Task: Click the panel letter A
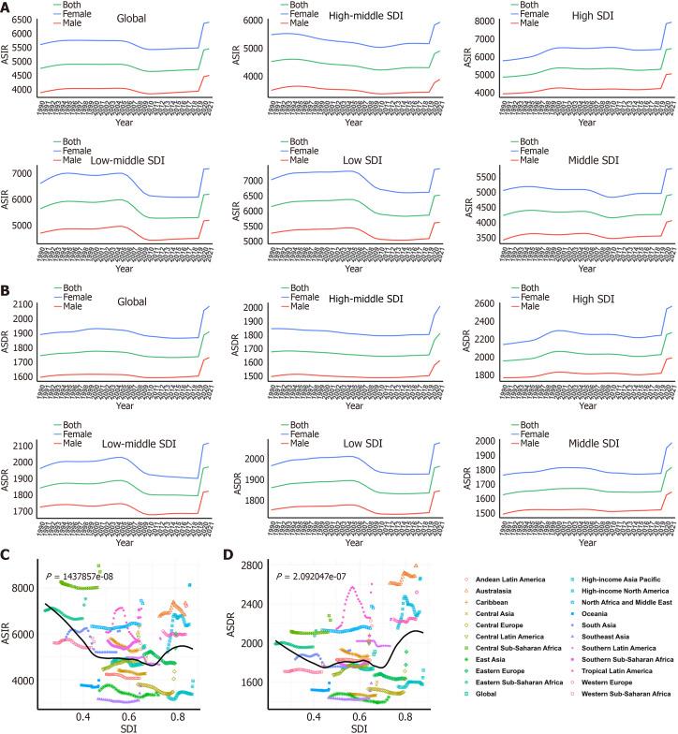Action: click(7, 7)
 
